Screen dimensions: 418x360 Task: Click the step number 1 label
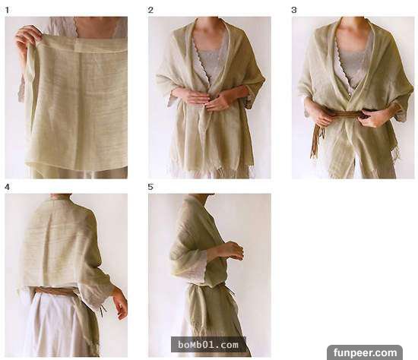pos(7,10)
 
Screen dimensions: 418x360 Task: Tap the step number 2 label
pos(150,10)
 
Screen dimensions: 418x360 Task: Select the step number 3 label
pos(294,10)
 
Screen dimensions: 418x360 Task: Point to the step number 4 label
pos(7,187)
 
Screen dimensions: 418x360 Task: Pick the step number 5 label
pos(150,187)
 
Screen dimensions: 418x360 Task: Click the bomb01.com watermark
pos(208,345)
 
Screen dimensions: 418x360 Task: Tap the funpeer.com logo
pos(365,352)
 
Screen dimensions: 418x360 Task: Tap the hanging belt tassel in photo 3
pos(316,141)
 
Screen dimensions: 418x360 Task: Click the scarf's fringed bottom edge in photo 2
pos(211,171)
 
